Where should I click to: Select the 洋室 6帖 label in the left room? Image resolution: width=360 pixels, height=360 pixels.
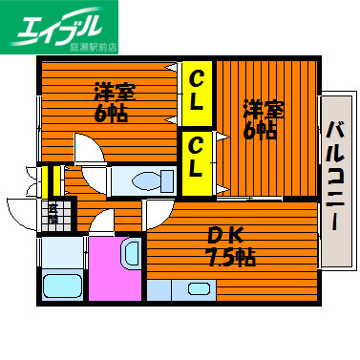point(112,102)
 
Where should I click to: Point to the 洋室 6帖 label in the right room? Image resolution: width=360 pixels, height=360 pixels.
point(260,119)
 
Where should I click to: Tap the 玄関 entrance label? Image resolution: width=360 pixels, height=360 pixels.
point(53,214)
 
